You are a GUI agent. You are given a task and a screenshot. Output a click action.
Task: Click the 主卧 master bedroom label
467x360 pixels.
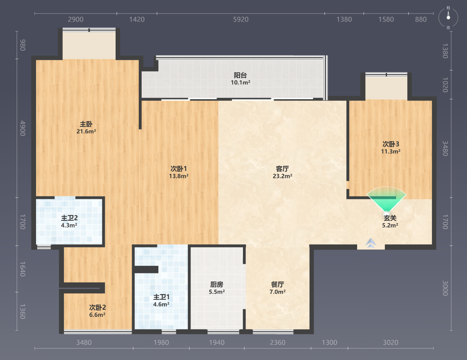[x=86, y=124]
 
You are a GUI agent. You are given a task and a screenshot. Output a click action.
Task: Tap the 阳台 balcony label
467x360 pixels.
[x=240, y=75]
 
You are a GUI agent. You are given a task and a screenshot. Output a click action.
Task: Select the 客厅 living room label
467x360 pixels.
[x=282, y=169]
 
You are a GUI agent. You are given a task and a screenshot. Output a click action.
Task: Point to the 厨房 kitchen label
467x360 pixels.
[x=217, y=285]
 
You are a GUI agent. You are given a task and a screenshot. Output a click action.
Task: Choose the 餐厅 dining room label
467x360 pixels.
[x=278, y=285]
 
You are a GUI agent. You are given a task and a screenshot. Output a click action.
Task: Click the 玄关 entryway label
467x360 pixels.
[x=390, y=218]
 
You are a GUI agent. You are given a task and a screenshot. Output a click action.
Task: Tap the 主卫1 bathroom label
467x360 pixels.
[x=161, y=297]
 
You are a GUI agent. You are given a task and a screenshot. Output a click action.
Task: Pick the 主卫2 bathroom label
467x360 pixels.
[x=69, y=218]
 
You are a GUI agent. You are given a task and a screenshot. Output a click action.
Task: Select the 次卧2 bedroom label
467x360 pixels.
[x=97, y=308]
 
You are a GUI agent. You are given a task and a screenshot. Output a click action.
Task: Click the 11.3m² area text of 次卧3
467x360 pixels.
[x=391, y=151]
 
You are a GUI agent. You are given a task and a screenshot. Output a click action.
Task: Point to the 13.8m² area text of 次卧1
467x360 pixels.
[x=179, y=176]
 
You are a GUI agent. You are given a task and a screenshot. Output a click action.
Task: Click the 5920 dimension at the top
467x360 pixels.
[x=241, y=20]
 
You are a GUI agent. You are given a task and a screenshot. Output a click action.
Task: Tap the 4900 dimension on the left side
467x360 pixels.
[x=23, y=128]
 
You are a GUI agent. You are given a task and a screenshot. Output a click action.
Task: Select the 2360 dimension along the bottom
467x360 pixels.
[x=278, y=343]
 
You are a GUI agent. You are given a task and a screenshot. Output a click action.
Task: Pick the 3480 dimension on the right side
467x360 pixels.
[x=445, y=148]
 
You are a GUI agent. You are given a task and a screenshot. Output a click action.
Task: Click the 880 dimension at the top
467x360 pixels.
[x=421, y=20]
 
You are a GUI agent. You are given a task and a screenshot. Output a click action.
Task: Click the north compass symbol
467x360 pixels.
[x=448, y=17]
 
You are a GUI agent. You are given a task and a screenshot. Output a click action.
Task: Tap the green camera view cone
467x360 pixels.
[x=386, y=199]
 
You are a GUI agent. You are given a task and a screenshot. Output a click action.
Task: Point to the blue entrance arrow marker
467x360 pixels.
[x=371, y=243]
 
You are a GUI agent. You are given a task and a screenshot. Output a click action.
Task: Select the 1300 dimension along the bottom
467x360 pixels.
[x=329, y=343]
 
